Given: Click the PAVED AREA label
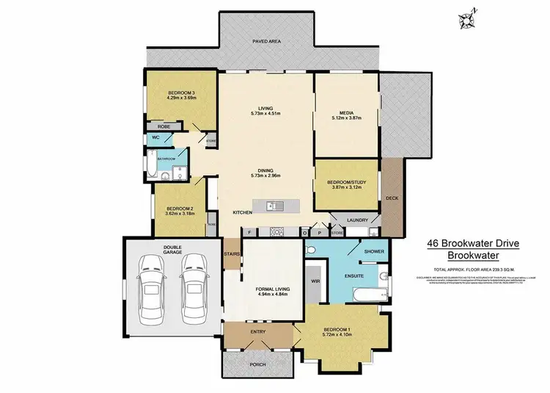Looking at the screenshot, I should (266, 42).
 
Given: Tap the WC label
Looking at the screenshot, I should (156, 138).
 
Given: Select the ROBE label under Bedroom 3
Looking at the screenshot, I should (164, 126).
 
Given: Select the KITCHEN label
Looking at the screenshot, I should (243, 212).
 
